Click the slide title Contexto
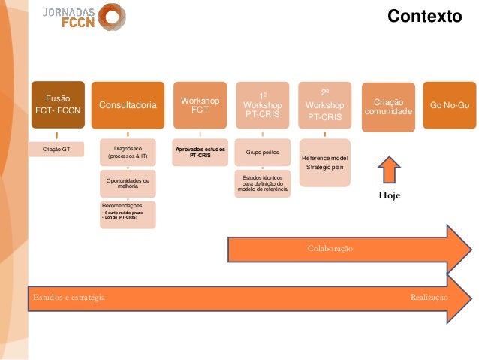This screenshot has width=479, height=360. click(x=423, y=15)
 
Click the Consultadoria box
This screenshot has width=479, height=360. click(x=128, y=106)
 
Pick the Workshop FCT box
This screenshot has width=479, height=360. click(x=199, y=106)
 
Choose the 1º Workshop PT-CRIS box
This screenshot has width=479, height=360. click(x=262, y=106)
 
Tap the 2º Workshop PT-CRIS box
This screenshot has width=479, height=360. click(x=324, y=106)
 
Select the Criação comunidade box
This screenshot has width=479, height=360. click(x=387, y=107)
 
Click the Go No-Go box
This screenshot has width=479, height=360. click(x=450, y=104)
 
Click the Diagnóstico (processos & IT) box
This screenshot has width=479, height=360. click(x=128, y=153)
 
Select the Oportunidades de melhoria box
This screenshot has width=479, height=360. click(x=128, y=184)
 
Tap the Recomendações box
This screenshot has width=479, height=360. click(x=128, y=213)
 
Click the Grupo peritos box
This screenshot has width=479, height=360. click(x=262, y=153)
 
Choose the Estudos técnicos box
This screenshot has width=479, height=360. click(x=262, y=183)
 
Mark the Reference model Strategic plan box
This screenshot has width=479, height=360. click(x=324, y=162)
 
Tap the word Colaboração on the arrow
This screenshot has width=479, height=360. click(x=330, y=247)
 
